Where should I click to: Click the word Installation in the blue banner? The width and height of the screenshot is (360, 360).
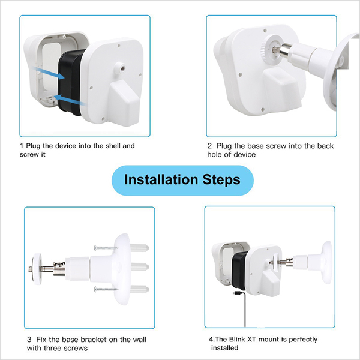point(161,179)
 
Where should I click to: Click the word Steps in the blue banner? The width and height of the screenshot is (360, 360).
point(221,180)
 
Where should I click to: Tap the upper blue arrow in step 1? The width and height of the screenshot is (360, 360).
point(49,73)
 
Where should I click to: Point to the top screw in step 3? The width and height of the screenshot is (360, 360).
point(106,248)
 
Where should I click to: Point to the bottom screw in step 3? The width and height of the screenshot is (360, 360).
point(106,289)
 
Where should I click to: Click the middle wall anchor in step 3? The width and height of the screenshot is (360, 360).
point(140,267)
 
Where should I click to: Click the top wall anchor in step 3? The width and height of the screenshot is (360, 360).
point(140,248)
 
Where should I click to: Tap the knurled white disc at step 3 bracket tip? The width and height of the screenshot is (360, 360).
point(37,269)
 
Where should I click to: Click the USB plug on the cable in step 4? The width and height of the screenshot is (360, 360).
point(237,293)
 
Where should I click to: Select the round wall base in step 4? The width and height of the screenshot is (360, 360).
point(326,262)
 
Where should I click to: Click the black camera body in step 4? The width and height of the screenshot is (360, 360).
point(239,270)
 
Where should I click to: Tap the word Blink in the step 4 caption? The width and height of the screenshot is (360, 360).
point(237,340)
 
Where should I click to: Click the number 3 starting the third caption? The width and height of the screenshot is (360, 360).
point(29,340)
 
